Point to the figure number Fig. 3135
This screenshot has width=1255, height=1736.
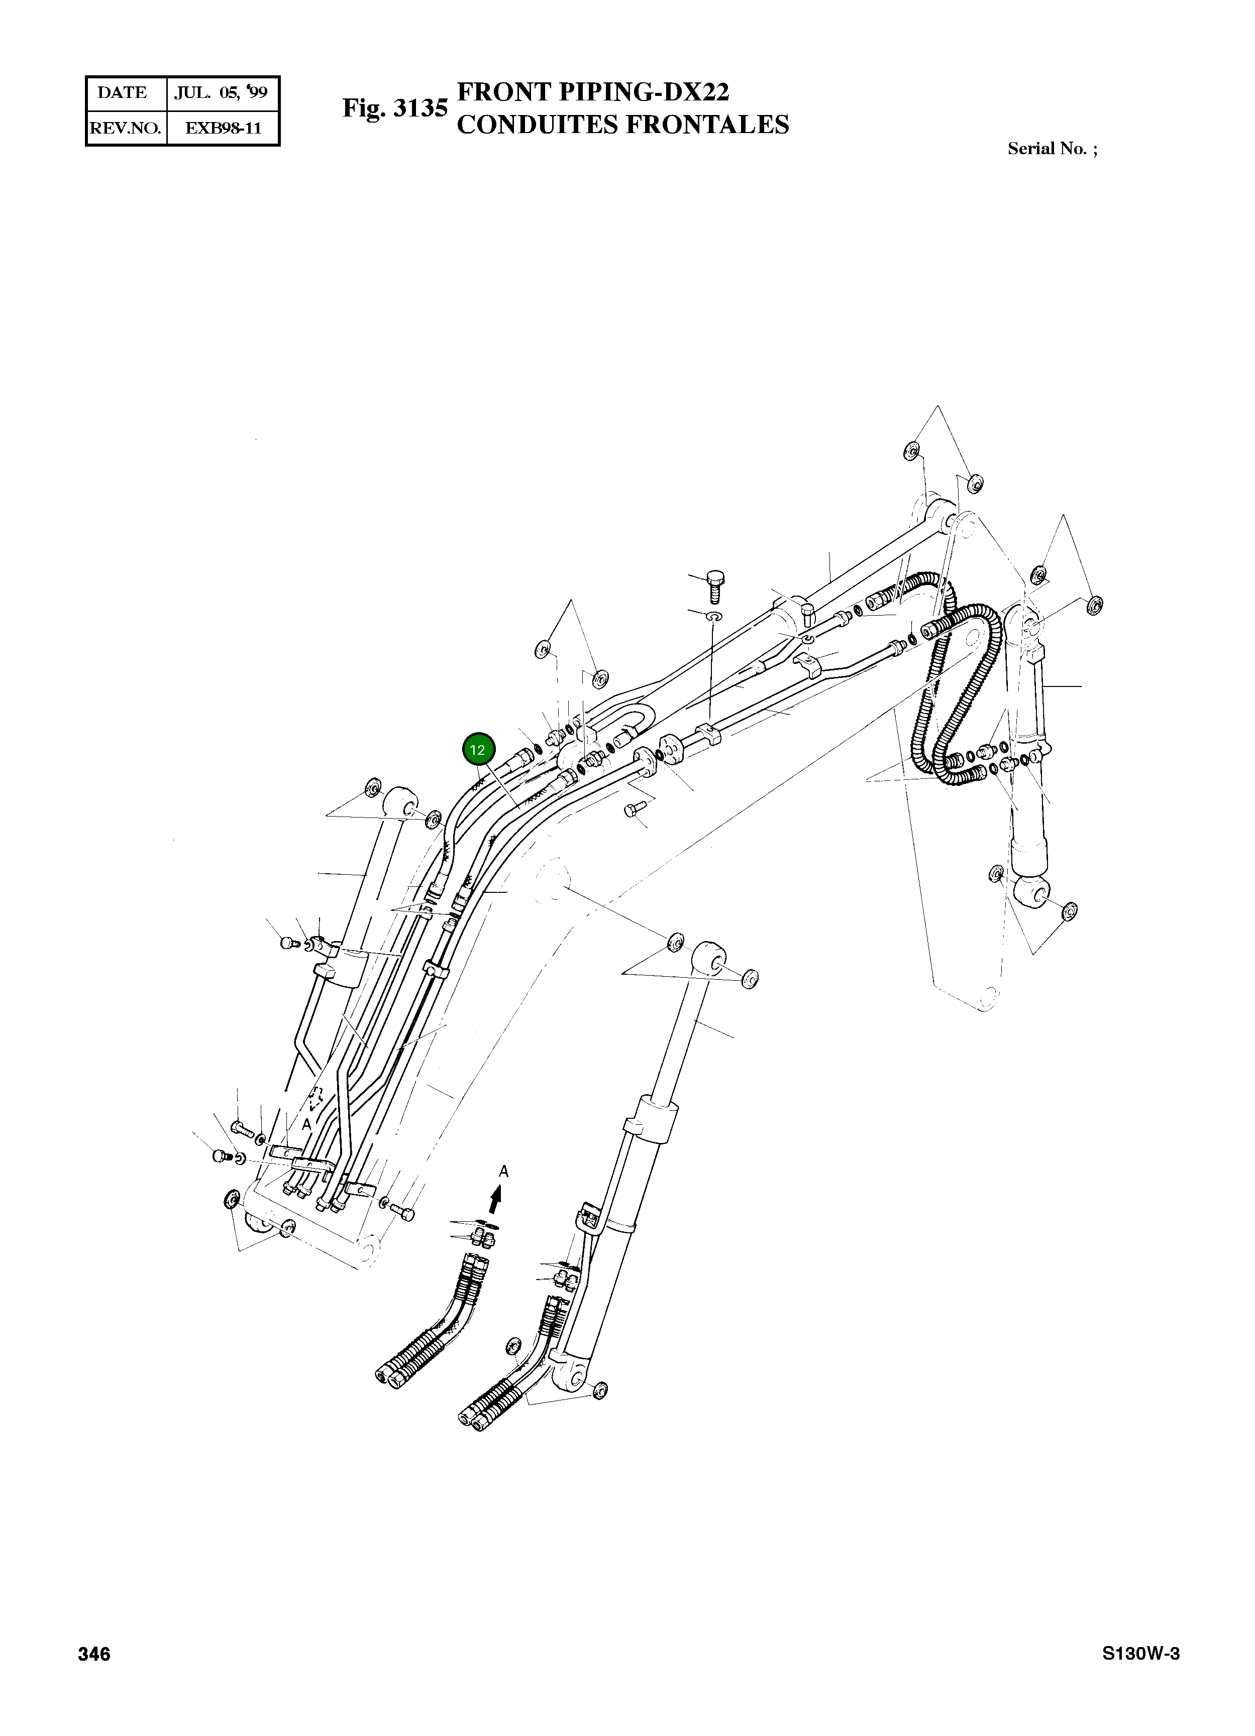click(394, 108)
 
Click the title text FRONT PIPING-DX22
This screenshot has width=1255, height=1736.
click(593, 92)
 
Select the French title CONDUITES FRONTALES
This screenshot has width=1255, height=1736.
click(622, 125)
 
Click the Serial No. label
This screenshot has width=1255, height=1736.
click(1052, 149)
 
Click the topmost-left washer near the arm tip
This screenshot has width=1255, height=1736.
click(911, 451)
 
